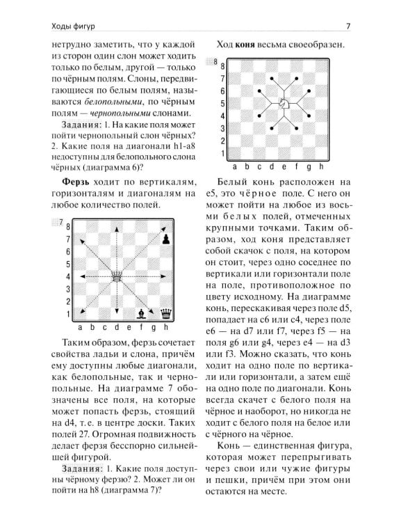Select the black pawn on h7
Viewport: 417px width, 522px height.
click(x=165, y=239)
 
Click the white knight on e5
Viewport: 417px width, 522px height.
click(x=284, y=103)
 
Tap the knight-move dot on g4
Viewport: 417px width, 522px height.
click(x=309, y=116)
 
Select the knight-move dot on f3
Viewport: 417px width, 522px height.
click(x=296, y=129)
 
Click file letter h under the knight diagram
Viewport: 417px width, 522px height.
click(x=321, y=167)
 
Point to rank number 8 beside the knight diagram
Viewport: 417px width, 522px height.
click(x=222, y=65)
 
